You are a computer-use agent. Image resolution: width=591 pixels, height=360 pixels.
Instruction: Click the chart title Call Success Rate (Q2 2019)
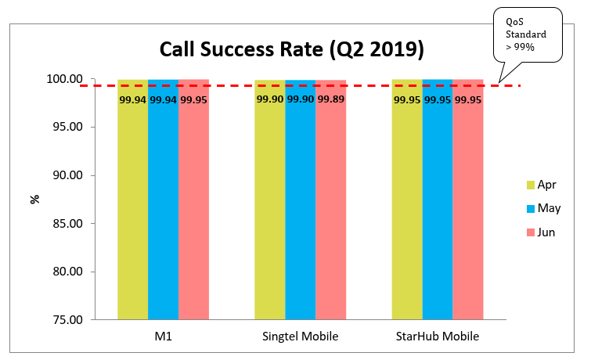[292, 49]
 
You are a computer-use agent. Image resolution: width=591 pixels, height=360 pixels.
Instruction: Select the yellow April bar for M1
[132, 203]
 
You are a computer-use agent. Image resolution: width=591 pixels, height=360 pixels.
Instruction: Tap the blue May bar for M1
[163, 203]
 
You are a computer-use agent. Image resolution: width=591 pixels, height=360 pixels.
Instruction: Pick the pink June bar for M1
[193, 203]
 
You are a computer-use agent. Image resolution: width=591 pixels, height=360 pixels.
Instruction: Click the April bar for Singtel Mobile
[269, 203]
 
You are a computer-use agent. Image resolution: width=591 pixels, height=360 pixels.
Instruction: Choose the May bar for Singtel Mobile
[300, 203]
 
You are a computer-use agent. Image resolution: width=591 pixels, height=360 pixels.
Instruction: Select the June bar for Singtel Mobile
[330, 203]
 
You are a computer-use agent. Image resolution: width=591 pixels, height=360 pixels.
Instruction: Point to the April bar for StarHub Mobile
[407, 203]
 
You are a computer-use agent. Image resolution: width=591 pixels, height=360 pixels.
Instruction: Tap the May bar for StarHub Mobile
[438, 203]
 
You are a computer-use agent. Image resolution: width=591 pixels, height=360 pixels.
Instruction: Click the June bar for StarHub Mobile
[468, 203]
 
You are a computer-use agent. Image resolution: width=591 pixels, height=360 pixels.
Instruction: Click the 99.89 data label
[331, 100]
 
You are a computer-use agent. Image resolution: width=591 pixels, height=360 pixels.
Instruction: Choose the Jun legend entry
[540, 232]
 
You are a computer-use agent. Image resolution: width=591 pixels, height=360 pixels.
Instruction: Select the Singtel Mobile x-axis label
[300, 337]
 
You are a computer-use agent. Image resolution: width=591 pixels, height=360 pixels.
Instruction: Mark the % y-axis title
[34, 199]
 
